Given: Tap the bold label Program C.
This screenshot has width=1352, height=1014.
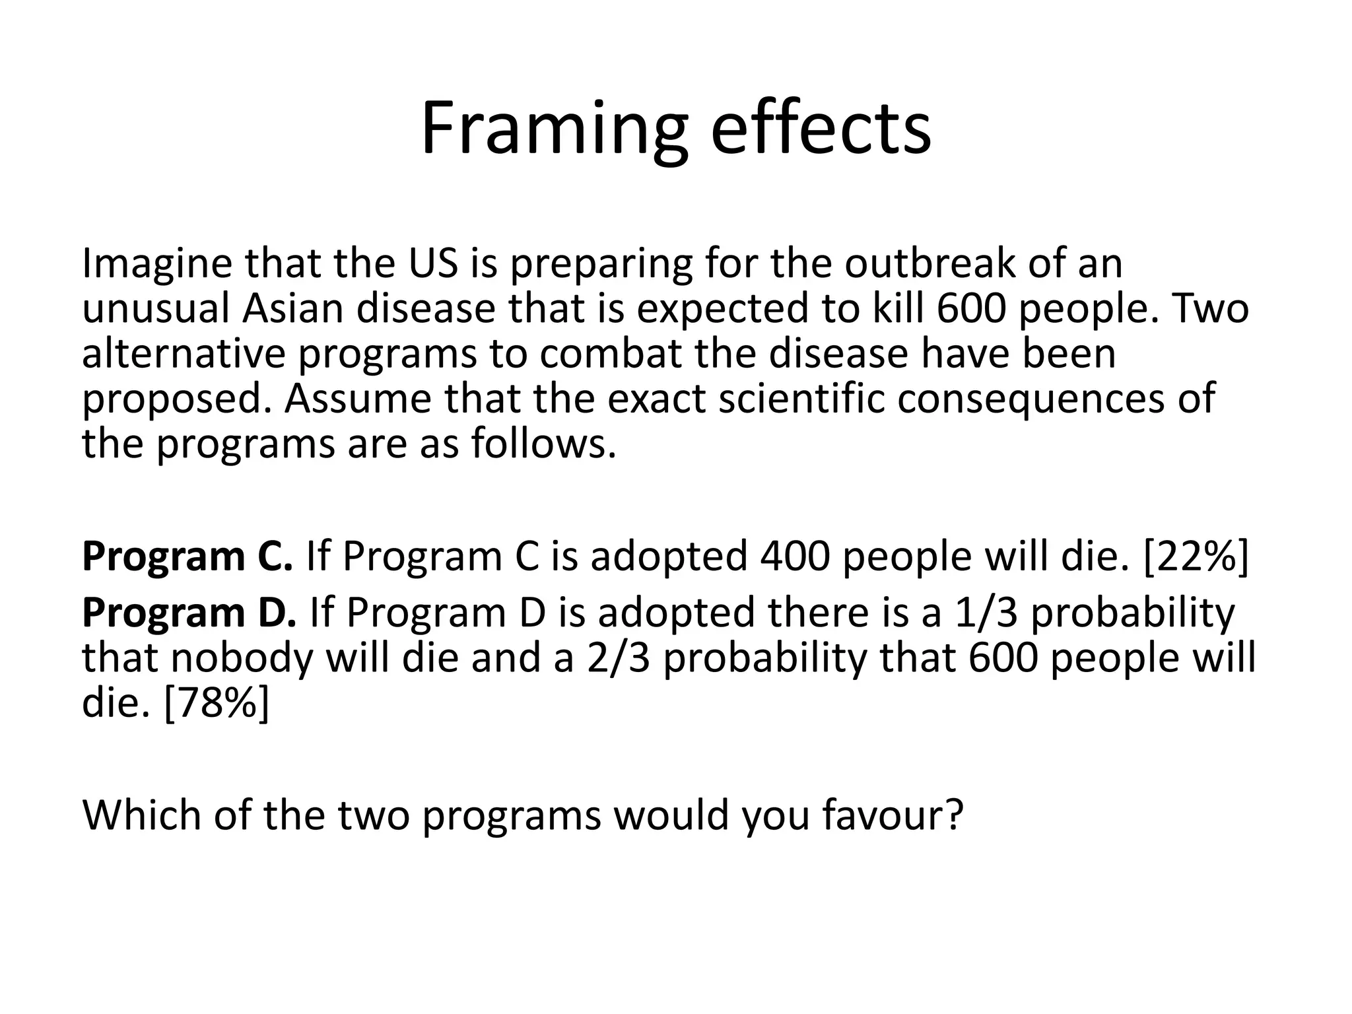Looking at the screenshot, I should click(187, 557).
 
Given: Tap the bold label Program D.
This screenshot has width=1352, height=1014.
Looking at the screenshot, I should click(189, 613).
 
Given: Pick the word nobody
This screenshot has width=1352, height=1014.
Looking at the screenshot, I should click(242, 659).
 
